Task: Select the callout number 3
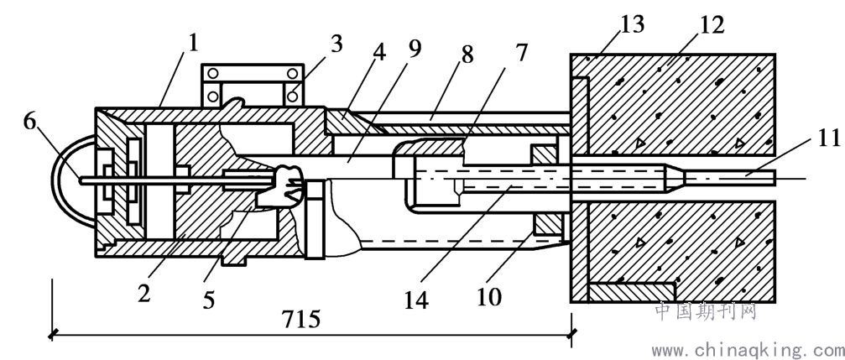pos(336,44)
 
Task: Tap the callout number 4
pos(380,53)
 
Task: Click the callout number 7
pos(521,53)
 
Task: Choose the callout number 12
pos(712,25)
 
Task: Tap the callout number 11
pos(827,140)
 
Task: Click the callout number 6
pos(31,123)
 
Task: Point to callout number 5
pos(209,300)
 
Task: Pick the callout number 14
pos(417,300)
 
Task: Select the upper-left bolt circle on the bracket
pos(213,74)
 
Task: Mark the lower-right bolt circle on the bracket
pos(293,97)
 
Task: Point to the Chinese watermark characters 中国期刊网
pos(706,311)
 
